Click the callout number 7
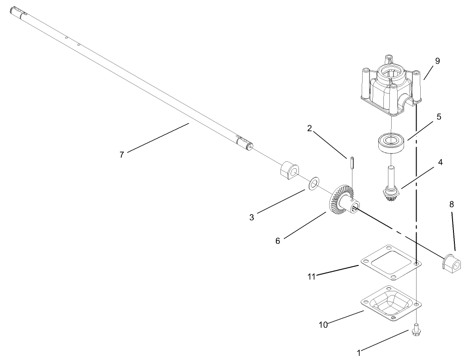pyautogui.click(x=122, y=155)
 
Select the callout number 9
pyautogui.click(x=437, y=61)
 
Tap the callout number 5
pyautogui.click(x=439, y=117)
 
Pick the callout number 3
pyautogui.click(x=252, y=217)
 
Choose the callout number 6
pyautogui.click(x=278, y=241)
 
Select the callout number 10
pyautogui.click(x=323, y=325)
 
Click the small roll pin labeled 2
pyautogui.click(x=352, y=163)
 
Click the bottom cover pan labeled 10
pyautogui.click(x=390, y=305)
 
